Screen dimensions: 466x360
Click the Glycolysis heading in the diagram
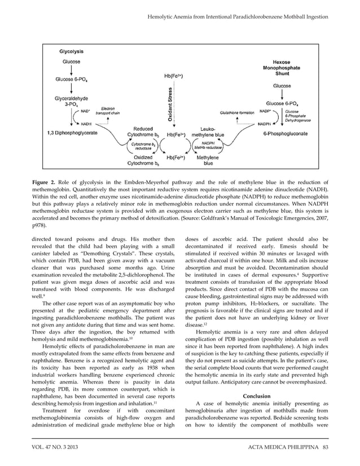point(72,50)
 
